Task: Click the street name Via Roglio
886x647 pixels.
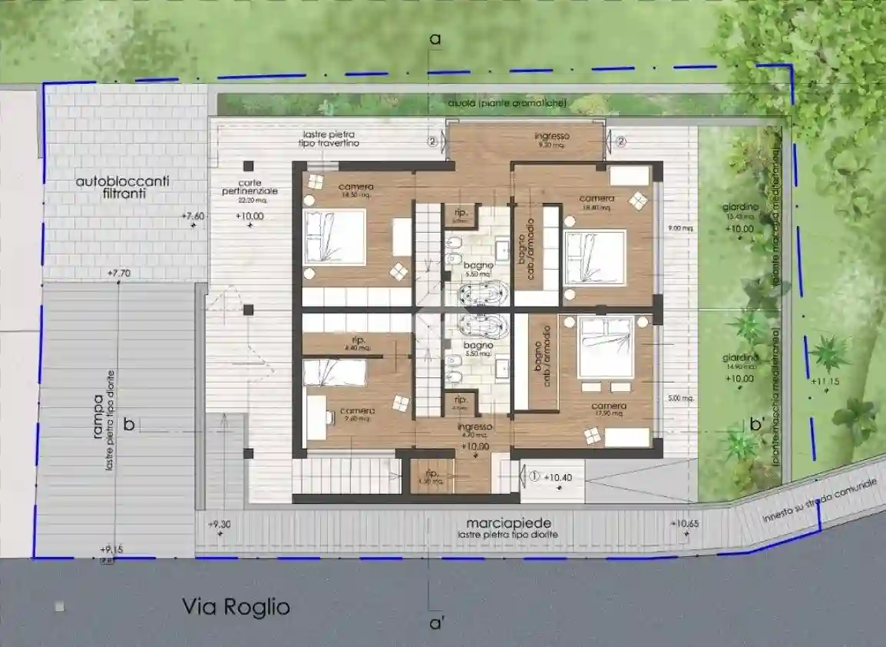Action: coord(236,607)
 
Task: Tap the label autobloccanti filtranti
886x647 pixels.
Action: coord(123,189)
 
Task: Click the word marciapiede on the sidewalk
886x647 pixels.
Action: coord(507,523)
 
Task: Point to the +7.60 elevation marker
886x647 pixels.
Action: coord(193,217)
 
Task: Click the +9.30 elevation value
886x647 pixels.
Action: coord(219,524)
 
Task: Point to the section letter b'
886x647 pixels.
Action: coord(759,423)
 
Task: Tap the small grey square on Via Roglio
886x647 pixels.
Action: coord(60,607)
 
